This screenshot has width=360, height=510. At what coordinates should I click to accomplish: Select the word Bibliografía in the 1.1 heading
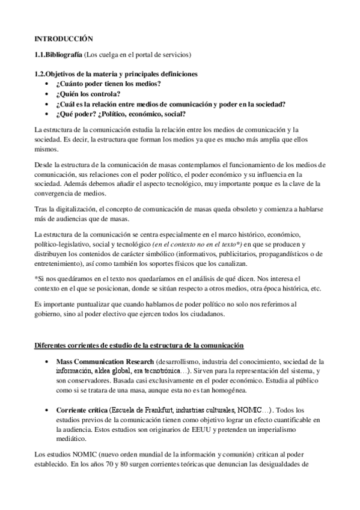point(65,55)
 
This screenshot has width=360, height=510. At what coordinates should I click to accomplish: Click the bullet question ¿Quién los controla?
point(88,93)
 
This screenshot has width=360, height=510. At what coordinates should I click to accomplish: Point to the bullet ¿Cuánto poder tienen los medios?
point(107,84)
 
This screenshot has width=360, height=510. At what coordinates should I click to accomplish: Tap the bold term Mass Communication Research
point(105,362)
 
